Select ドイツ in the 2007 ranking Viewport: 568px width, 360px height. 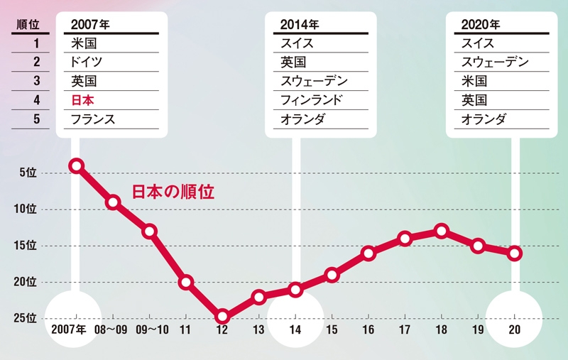point(87,62)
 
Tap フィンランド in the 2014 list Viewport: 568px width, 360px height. point(312,101)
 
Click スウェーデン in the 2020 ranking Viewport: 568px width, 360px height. point(494,62)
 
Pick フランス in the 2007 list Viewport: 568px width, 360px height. point(93,119)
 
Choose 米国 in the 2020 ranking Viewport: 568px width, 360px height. point(474,82)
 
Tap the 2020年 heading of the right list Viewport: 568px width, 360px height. point(481,24)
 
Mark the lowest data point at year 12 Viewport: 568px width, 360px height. point(222,316)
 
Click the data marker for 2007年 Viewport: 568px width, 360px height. point(76,165)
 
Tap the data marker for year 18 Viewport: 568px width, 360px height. point(441,231)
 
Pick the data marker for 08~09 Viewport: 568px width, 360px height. point(112,202)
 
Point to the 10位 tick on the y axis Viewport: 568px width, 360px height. point(25,209)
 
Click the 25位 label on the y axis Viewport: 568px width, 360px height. point(25,318)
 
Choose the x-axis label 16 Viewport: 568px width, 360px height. point(368,330)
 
